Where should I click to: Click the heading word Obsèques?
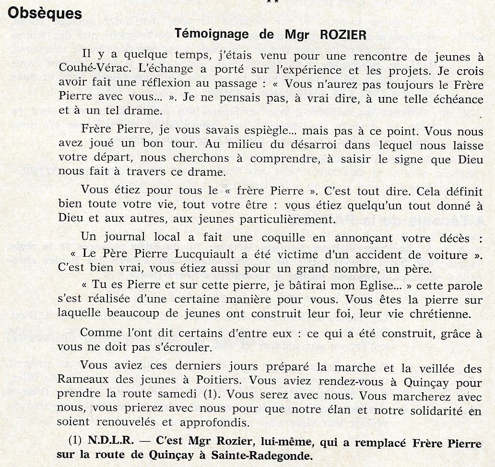45,13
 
